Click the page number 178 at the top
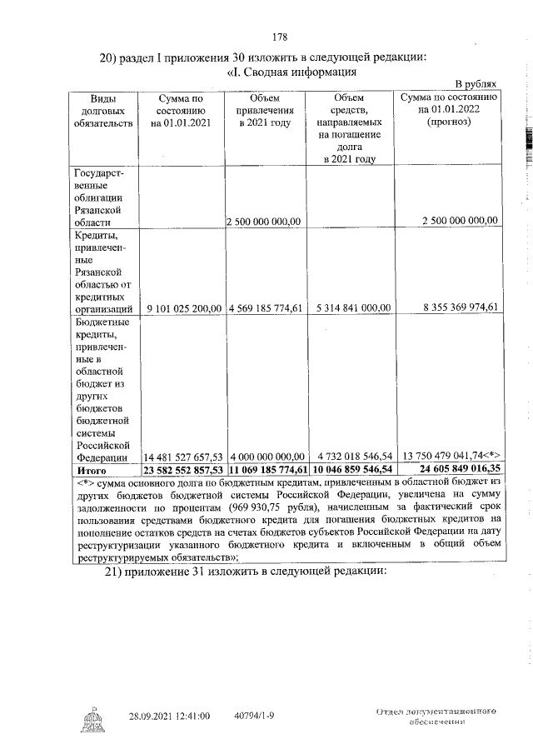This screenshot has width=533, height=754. pyautogui.click(x=280, y=37)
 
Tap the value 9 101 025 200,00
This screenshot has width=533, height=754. pyautogui.click(x=184, y=307)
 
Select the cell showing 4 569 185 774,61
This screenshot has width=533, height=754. pyautogui.click(x=265, y=307)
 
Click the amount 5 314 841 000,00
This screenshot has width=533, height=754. pyautogui.click(x=353, y=307)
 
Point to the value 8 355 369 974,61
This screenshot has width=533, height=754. pyautogui.click(x=453, y=307)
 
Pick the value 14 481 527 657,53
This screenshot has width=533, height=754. pyautogui.click(x=183, y=457)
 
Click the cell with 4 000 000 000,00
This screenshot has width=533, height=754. pyautogui.click(x=265, y=457)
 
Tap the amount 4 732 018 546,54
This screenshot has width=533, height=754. pyautogui.click(x=353, y=457)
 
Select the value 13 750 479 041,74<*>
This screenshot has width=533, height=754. pyautogui.click(x=450, y=457)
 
